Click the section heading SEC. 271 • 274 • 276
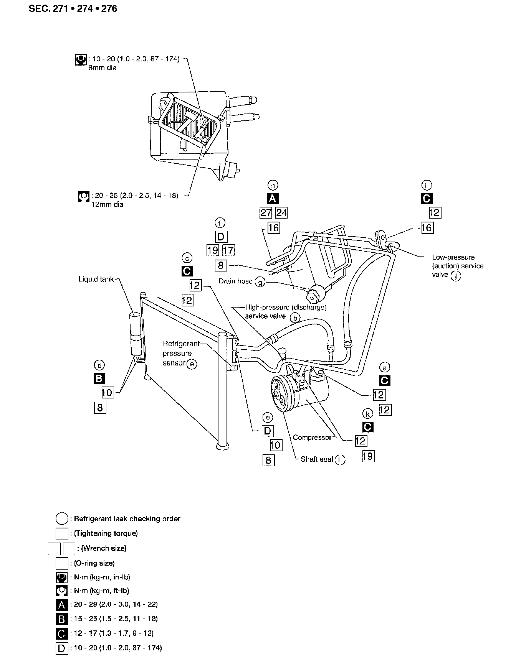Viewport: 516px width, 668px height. (73, 8)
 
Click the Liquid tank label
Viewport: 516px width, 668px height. (96, 279)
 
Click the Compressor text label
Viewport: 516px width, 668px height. (312, 437)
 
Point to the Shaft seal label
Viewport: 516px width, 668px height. (316, 459)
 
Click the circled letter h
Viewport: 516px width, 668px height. (273, 185)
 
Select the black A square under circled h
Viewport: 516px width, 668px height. (273, 199)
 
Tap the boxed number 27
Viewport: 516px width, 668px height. (266, 212)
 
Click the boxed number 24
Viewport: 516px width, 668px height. (281, 212)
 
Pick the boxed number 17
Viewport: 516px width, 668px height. (228, 250)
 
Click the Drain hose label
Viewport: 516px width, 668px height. (235, 281)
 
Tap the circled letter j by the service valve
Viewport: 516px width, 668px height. (456, 276)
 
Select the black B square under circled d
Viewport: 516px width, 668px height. (99, 378)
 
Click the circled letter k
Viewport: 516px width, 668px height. (368, 414)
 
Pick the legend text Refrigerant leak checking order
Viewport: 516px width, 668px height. (127, 519)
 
